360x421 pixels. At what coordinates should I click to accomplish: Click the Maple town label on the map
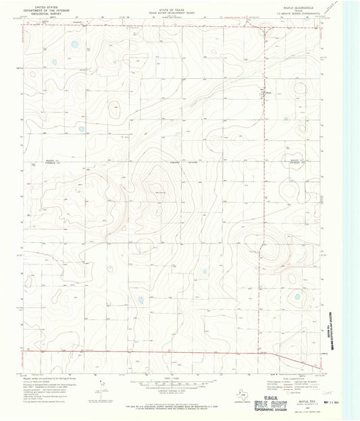(267, 92)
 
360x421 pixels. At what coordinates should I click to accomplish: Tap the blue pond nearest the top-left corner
(74, 46)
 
